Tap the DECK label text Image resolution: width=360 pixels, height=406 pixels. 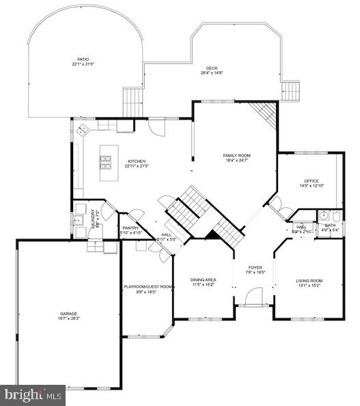pos(212,68)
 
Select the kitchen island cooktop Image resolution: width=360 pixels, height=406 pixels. pos(107,162)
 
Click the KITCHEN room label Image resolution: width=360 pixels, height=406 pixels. pos(136,161)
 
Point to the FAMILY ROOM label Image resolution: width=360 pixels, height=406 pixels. pos(237,156)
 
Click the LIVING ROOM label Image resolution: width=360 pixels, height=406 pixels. pos(309,281)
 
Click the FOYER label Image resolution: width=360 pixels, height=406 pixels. pos(255,268)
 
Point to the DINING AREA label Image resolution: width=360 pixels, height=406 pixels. pos(203,280)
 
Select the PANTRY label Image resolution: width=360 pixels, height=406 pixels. pos(130,228)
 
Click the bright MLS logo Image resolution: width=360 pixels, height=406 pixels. pos(33,394)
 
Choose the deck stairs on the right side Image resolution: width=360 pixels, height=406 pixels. pos(291,90)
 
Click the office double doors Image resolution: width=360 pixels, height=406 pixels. pos(280,206)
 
